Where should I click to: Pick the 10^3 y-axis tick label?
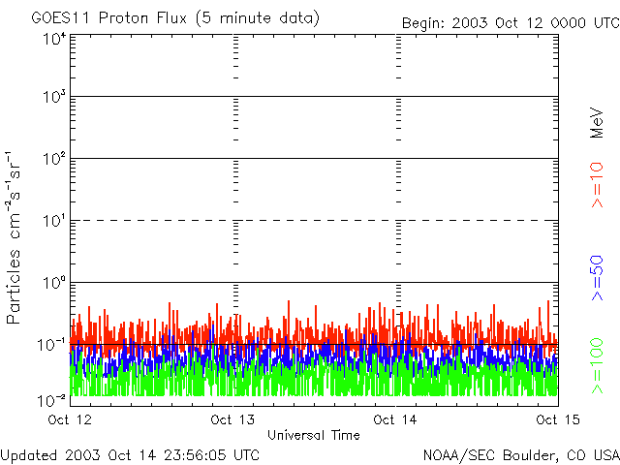[x=52, y=99]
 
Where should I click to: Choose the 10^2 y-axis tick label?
[x=52, y=160]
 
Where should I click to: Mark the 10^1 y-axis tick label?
[x=52, y=222]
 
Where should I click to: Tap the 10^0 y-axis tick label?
[x=52, y=284]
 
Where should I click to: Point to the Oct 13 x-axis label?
[x=233, y=419]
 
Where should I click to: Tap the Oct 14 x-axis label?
[x=396, y=419]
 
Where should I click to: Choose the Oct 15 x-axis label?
[x=557, y=419]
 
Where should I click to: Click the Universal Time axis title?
[x=314, y=435]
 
